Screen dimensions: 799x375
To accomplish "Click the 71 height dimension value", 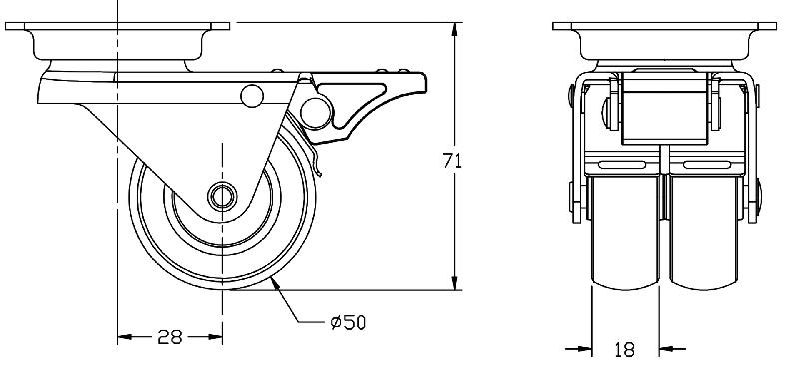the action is pyautogui.click(x=452, y=161).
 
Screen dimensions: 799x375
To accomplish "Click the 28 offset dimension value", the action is pyautogui.click(x=170, y=337).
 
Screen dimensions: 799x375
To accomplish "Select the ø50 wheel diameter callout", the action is pyautogui.click(x=348, y=322).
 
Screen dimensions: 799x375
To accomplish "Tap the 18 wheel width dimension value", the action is pyautogui.click(x=625, y=349).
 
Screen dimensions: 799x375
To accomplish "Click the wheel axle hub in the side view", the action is pyautogui.click(x=222, y=196).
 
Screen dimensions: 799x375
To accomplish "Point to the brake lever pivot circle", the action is pyautogui.click(x=315, y=113).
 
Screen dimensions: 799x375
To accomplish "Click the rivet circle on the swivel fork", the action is pyautogui.click(x=252, y=96).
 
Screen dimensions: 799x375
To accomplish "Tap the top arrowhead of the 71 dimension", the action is pyautogui.click(x=455, y=30).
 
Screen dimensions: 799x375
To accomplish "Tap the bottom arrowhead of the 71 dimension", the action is pyautogui.click(x=455, y=283).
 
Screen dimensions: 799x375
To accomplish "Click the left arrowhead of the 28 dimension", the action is pyautogui.click(x=125, y=337).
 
